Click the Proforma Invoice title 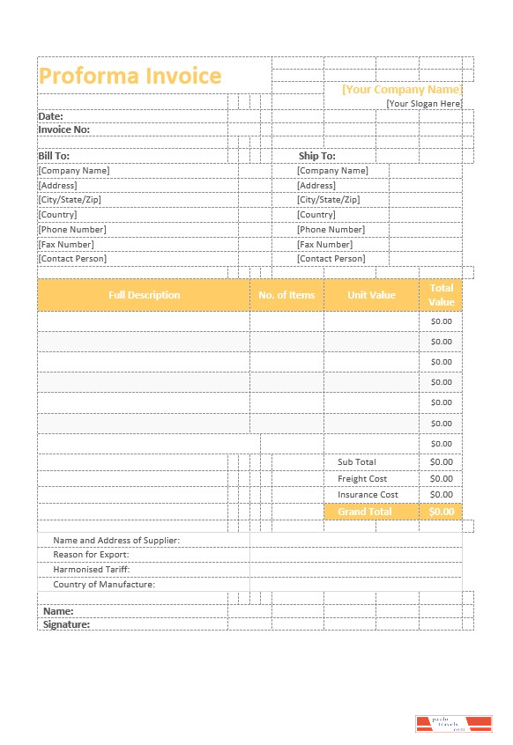tap(130, 76)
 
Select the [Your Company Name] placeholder tap(401, 89)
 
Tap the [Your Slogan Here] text tap(424, 104)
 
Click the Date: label tap(50, 116)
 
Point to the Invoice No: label tap(63, 129)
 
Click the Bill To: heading tap(54, 156)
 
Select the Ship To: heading tap(316, 156)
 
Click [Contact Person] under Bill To tap(72, 259)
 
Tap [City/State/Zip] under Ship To tap(329, 200)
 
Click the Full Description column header tap(144, 295)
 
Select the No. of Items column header tap(286, 295)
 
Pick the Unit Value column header tap(371, 295)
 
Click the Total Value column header tap(441, 295)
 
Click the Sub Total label tap(356, 462)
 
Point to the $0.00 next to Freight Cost tap(441, 479)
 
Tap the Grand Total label tap(364, 512)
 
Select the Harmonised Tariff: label tap(92, 570)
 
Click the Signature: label tap(66, 624)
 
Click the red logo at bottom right tap(453, 724)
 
